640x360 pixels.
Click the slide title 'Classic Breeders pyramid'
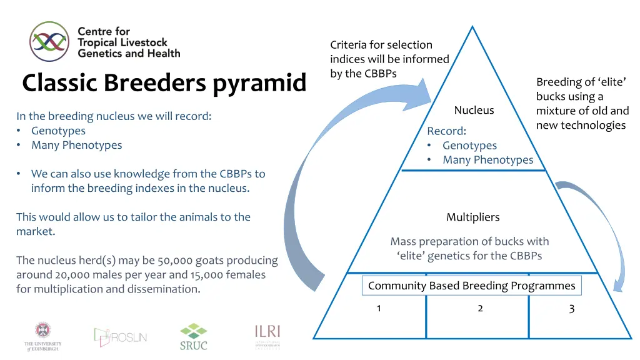tap(164, 83)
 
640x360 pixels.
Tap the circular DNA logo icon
tap(49, 41)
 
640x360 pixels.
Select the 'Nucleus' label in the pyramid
tap(474, 111)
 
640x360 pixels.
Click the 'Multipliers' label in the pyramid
tap(472, 217)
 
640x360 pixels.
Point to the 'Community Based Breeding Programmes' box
tap(471, 286)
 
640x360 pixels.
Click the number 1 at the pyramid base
tap(379, 308)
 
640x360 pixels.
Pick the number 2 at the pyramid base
tap(480, 308)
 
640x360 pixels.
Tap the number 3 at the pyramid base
tap(571, 308)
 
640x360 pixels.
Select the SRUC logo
tap(193, 336)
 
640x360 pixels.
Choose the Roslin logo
tap(121, 336)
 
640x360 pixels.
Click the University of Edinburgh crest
tap(43, 336)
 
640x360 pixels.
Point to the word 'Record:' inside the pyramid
tap(446, 131)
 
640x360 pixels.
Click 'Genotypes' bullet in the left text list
tap(58, 131)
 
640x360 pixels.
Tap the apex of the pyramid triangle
tap(472, 27)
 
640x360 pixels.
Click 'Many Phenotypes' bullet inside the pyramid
tap(487, 160)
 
